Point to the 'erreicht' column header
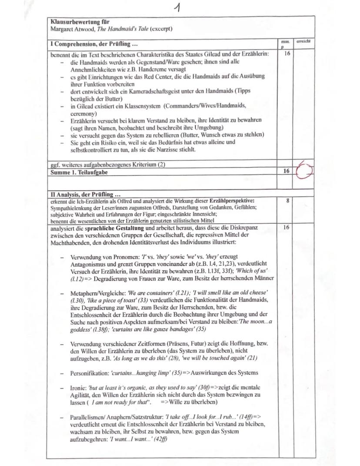point(303,41)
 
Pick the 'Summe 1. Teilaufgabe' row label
point(78,171)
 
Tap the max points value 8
point(286,201)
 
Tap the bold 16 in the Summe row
point(286,171)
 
